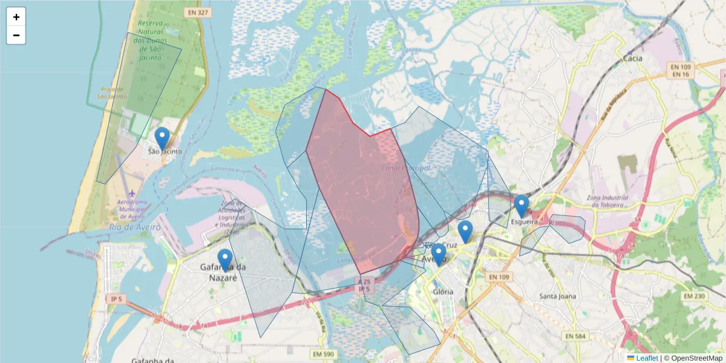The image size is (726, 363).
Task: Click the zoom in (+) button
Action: tap(16, 17)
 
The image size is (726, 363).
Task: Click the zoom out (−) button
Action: tap(16, 35)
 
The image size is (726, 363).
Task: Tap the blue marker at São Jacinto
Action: tap(162, 139)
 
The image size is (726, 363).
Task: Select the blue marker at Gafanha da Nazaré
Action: tap(225, 260)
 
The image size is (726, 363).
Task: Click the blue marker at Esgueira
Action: tap(522, 206)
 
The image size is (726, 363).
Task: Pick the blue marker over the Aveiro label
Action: tap(439, 255)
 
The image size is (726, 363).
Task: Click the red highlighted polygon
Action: tap(363, 188)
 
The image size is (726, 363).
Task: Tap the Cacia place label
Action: tap(633, 59)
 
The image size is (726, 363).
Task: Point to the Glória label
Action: tap(443, 291)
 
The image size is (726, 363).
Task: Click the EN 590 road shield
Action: tap(324, 353)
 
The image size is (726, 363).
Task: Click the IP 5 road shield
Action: tap(116, 299)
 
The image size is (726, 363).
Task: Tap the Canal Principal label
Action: tap(406, 168)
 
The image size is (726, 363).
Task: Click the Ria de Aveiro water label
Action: tap(135, 227)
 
